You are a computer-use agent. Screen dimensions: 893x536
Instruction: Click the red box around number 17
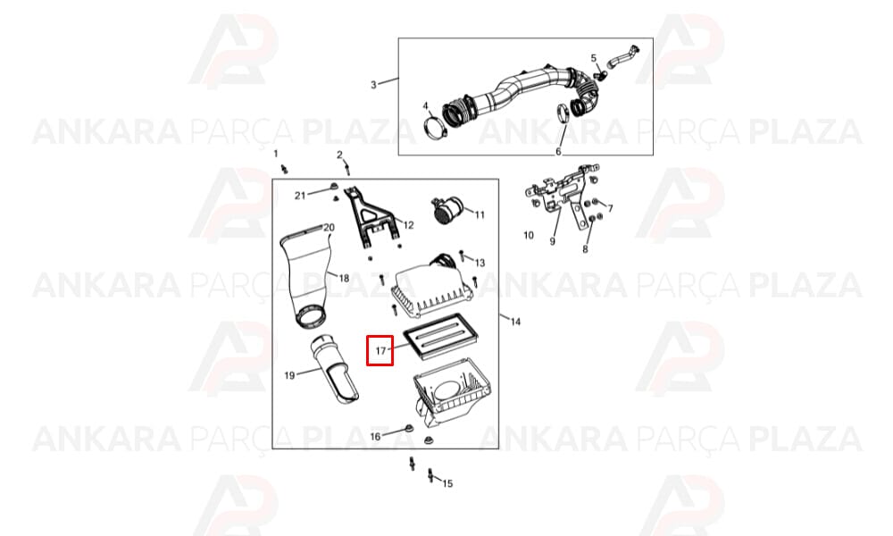(367, 350)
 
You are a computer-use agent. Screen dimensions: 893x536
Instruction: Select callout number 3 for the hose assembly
(373, 85)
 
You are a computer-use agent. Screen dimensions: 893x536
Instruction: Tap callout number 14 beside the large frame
(515, 322)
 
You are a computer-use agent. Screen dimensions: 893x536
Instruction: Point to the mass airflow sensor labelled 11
(449, 210)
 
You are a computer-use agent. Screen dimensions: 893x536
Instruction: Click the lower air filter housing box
(451, 394)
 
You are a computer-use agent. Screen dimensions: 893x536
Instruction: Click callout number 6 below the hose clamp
(558, 151)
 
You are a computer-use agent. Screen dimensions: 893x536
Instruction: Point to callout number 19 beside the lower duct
(289, 375)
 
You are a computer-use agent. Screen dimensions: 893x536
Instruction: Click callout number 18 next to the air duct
(344, 279)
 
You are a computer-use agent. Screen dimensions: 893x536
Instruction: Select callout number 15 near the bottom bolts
(447, 483)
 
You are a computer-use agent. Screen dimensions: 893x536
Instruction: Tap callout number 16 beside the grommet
(375, 437)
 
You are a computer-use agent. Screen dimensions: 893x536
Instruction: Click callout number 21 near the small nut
(300, 196)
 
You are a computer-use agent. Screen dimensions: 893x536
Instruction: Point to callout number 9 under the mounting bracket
(552, 241)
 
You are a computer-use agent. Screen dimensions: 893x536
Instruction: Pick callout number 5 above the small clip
(594, 58)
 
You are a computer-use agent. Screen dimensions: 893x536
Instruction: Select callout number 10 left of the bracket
(529, 235)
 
